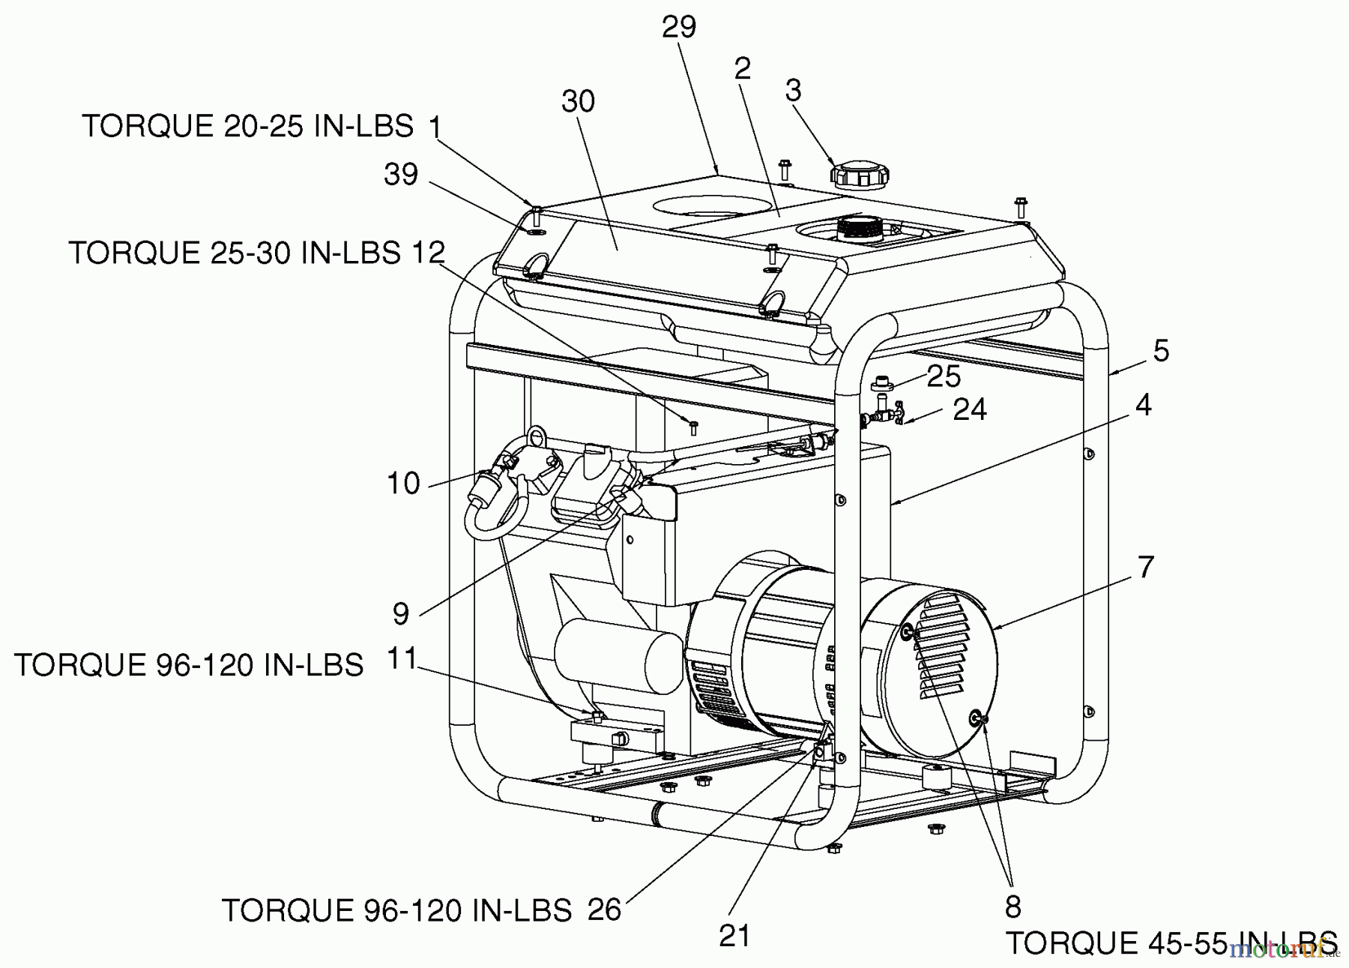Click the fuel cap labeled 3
[859, 175]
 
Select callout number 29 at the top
[679, 27]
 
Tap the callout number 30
[578, 101]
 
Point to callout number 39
[401, 175]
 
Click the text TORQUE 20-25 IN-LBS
[247, 126]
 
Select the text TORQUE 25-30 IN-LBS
[235, 253]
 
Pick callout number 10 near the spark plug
[403, 484]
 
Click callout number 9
[401, 614]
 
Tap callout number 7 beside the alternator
[1146, 568]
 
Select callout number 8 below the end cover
[1012, 907]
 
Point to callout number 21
[734, 935]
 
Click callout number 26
[604, 910]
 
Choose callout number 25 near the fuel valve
[944, 376]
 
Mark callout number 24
[970, 410]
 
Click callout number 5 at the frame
[1161, 351]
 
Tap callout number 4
[1143, 405]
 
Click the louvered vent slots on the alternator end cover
[944, 645]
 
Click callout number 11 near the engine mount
[402, 658]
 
